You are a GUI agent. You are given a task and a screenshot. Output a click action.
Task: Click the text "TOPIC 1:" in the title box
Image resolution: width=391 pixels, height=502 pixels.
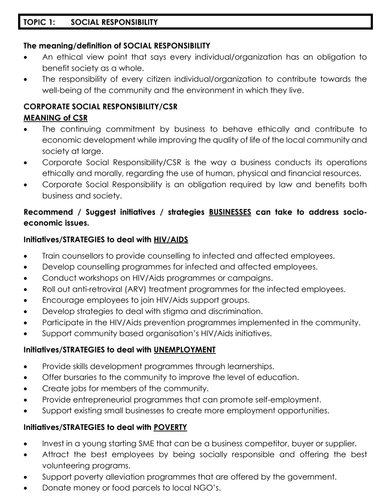point(39,22)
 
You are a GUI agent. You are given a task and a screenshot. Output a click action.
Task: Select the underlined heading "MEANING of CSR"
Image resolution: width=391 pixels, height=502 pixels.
point(55,118)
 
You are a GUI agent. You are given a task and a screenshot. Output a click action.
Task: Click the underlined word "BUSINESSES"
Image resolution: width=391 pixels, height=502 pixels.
point(230,212)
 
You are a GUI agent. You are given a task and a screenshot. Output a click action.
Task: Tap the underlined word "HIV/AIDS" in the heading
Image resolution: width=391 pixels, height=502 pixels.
point(171,239)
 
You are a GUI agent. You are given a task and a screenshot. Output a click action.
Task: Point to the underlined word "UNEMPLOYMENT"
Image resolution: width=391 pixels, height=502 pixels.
point(185,350)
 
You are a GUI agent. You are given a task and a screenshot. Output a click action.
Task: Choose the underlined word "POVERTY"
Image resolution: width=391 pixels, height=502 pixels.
point(170,427)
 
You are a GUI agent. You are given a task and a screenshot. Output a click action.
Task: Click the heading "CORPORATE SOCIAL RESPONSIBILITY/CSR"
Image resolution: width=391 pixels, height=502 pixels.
point(100,107)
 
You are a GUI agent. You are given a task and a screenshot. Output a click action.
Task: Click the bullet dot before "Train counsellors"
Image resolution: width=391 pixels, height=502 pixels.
point(25,256)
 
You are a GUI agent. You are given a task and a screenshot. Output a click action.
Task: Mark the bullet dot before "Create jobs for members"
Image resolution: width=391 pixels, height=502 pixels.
point(25,389)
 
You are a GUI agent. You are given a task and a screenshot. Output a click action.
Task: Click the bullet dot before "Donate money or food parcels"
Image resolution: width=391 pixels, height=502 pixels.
point(25,488)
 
